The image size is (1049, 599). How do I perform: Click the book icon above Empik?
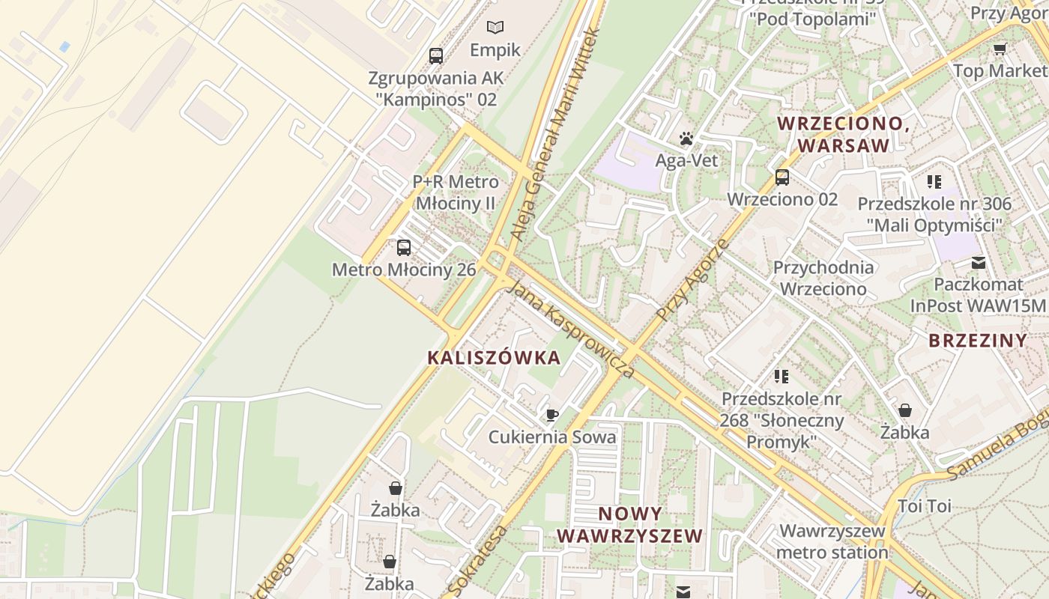click(x=495, y=28)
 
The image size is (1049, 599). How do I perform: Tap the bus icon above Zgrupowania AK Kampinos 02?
click(x=435, y=55)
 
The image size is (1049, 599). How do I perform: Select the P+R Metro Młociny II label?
click(x=456, y=192)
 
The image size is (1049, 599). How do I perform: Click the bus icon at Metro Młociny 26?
click(x=404, y=247)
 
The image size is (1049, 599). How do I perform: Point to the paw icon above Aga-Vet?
click(x=686, y=139)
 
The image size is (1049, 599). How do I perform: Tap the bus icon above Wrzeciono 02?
click(x=782, y=177)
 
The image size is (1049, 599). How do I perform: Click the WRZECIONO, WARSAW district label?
click(x=844, y=134)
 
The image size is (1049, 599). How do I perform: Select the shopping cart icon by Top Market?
click(x=1000, y=49)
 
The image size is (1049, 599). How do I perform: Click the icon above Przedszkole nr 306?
click(x=934, y=181)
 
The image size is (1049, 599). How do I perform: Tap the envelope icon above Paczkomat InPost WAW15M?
click(x=979, y=263)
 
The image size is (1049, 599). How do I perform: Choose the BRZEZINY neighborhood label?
click(x=978, y=341)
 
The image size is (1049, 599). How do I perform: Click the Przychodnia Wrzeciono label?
click(x=823, y=278)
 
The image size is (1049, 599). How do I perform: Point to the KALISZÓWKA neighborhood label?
click(x=494, y=358)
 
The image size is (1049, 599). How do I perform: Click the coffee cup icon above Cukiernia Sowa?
click(x=552, y=415)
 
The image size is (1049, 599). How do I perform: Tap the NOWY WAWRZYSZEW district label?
click(x=630, y=525)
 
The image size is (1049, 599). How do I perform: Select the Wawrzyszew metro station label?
click(x=832, y=542)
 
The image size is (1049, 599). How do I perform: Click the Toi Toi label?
click(x=925, y=506)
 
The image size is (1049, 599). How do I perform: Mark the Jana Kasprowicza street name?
click(x=572, y=329)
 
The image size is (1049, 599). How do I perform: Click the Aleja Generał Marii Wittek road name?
click(x=555, y=135)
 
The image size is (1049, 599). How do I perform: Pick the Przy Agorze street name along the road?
click(x=692, y=282)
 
